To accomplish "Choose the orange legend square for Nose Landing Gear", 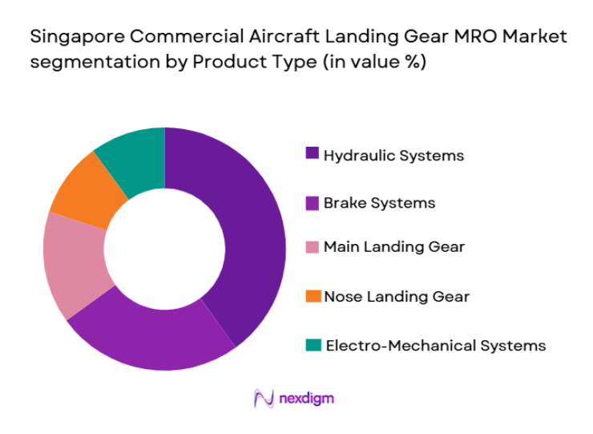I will click(x=313, y=296).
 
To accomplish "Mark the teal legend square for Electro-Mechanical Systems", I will click(x=313, y=345).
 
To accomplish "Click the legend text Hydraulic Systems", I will click(x=393, y=156).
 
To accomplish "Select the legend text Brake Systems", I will click(x=379, y=203).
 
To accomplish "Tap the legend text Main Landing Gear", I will click(x=393, y=247).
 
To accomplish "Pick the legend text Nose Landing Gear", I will click(x=396, y=297).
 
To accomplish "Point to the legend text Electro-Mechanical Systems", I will click(x=434, y=346).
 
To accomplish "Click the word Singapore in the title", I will click(x=71, y=38).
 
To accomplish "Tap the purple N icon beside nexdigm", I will click(x=263, y=398).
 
